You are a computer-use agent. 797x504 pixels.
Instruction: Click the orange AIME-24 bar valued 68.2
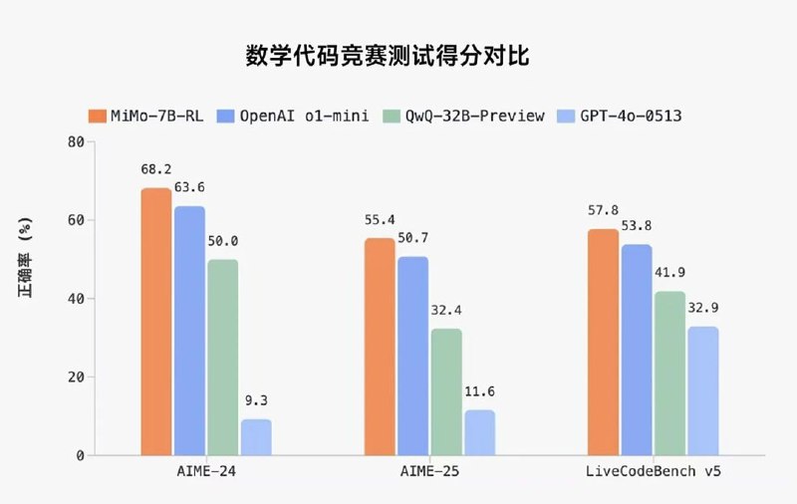(155, 322)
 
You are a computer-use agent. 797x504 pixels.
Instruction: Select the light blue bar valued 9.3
(256, 437)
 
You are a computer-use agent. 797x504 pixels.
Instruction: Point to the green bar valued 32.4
(445, 391)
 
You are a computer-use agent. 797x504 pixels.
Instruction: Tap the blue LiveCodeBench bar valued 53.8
(637, 350)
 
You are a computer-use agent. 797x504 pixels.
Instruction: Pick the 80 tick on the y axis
(75, 141)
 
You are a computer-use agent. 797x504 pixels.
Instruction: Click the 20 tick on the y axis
(75, 378)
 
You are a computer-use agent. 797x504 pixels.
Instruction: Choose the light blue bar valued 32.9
(702, 390)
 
